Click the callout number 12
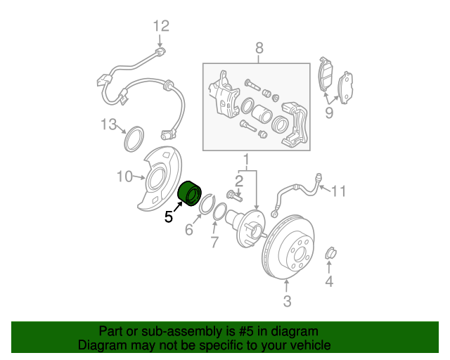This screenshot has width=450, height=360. click(x=162, y=27)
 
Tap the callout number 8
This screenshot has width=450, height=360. click(x=259, y=49)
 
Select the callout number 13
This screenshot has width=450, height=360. click(x=108, y=125)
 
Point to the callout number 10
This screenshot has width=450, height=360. click(x=124, y=176)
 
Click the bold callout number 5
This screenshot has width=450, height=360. click(x=169, y=217)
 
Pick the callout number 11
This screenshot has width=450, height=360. click(x=340, y=190)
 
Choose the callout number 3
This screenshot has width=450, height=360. click(x=287, y=302)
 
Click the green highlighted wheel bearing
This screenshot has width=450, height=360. click(x=190, y=193)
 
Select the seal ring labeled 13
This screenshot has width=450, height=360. click(x=133, y=139)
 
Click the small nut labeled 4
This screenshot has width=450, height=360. click(x=330, y=253)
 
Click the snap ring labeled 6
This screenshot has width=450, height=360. click(x=206, y=207)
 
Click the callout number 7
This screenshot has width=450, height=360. click(x=215, y=243)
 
